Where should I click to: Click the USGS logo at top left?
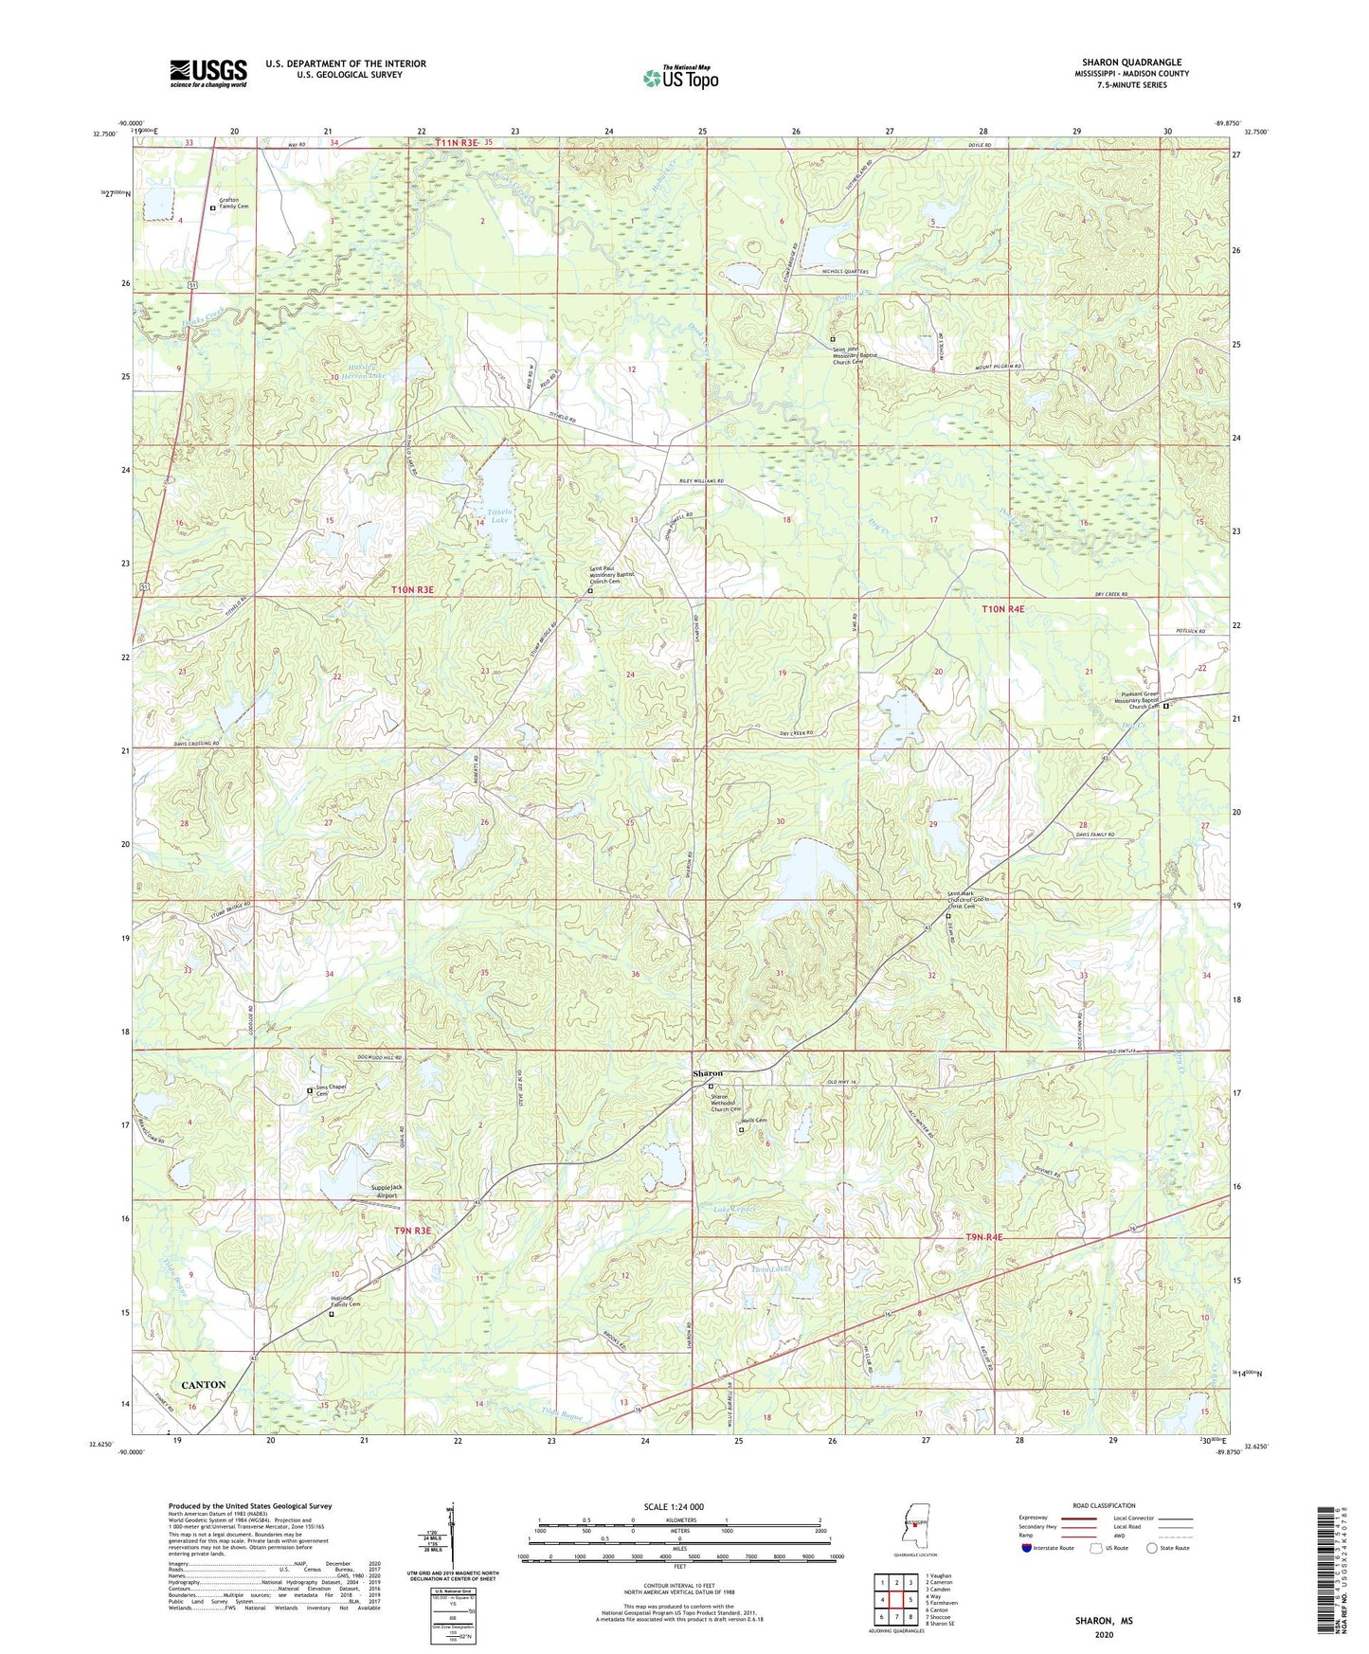[x=208, y=73]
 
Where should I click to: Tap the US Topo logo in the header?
[x=681, y=77]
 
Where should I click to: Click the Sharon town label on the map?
[x=708, y=1073]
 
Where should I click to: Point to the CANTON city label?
[x=204, y=1385]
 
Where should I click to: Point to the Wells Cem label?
[x=755, y=1121]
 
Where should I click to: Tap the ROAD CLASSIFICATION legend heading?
[x=1104, y=1506]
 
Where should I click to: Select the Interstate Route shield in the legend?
[x=1028, y=1548]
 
